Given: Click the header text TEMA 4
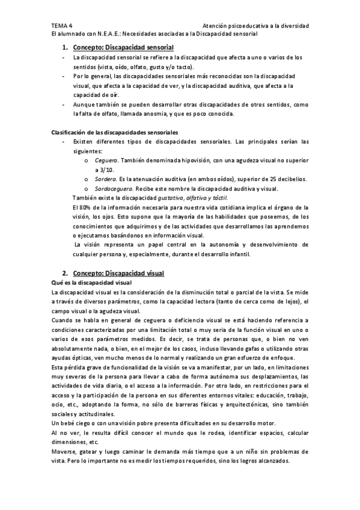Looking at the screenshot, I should point(61,26).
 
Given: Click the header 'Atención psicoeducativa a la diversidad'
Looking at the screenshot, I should point(256,26).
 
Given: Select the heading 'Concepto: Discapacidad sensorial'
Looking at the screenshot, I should point(123,47).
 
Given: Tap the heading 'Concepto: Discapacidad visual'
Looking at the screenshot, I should point(118,274).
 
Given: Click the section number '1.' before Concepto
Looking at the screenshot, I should point(64,47).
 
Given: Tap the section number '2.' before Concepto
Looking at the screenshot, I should point(64,274).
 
